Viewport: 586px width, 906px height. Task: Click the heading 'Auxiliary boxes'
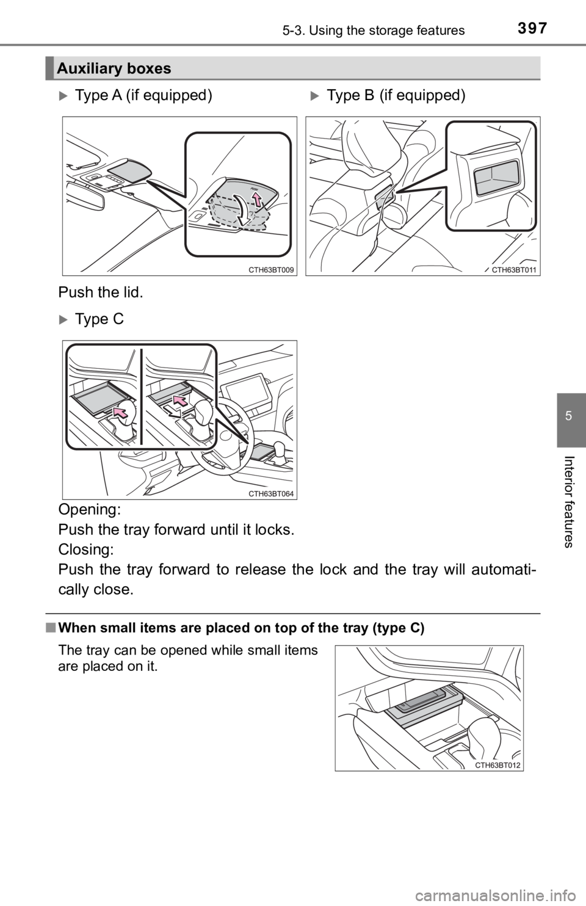coord(112,70)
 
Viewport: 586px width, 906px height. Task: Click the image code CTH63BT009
coord(272,269)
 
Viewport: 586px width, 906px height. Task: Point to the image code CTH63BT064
coord(272,493)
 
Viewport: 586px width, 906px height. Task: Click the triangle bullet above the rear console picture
coord(314,95)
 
